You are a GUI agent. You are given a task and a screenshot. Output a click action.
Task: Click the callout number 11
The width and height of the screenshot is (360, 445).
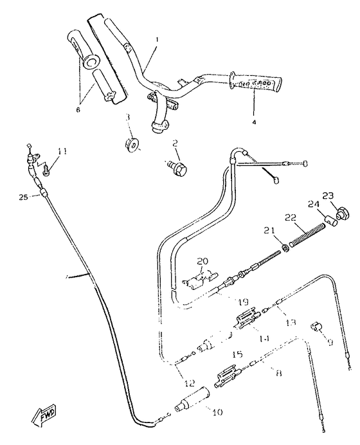point(62,151)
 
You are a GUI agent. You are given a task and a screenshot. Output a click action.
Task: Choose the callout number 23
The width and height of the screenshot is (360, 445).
point(328,196)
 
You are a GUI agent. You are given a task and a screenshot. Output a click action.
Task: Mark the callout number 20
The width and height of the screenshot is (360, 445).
point(203,261)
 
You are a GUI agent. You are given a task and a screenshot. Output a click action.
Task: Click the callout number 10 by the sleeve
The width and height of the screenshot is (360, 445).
point(217,412)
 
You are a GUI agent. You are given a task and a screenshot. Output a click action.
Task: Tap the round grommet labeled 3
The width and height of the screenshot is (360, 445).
point(131,144)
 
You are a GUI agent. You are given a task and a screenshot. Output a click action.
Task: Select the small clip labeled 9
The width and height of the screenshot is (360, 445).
point(318,328)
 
